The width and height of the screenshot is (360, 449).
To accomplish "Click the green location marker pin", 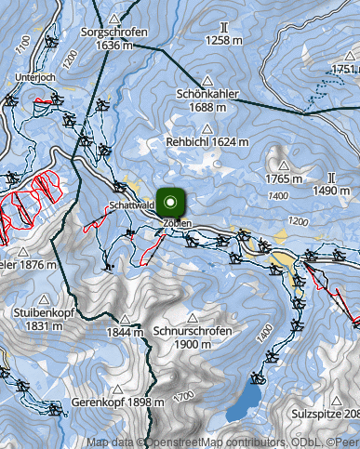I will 171,202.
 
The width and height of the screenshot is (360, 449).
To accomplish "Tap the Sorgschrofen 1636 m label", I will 114,38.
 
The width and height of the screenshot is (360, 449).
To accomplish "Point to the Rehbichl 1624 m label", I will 207,141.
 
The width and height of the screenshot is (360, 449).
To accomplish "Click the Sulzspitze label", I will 325,412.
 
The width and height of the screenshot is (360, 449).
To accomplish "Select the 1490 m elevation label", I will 330,190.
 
